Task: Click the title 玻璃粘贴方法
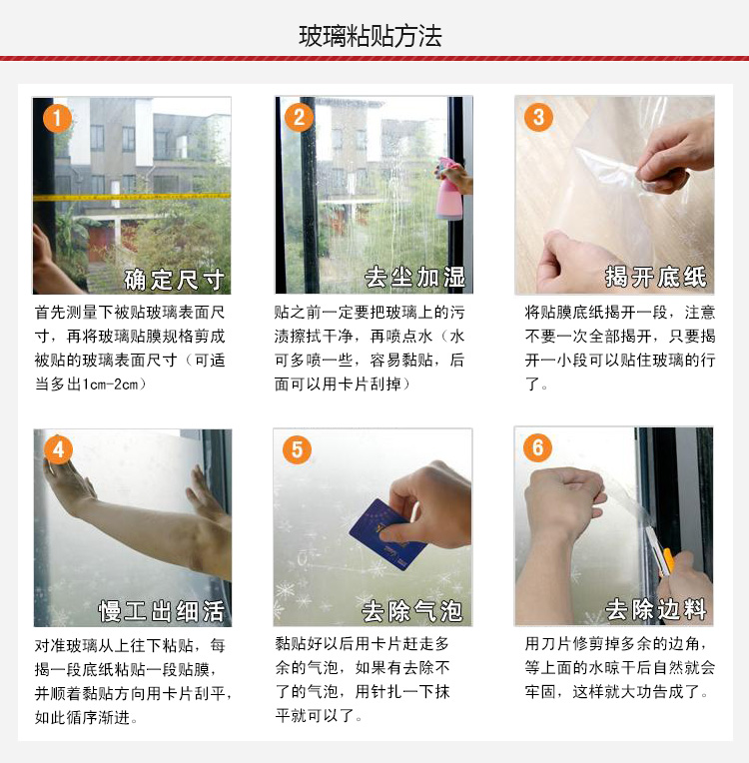click(x=370, y=36)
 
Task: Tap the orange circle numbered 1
click(x=58, y=118)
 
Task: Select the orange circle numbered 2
click(x=299, y=117)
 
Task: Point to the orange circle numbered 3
click(x=538, y=117)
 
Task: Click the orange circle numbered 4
click(x=58, y=449)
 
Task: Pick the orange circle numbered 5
click(x=297, y=449)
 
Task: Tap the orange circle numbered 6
click(x=537, y=447)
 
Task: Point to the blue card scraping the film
click(x=387, y=534)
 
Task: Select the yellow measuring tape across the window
click(x=132, y=197)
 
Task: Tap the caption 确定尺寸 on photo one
click(x=174, y=280)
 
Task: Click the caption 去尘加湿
click(x=414, y=278)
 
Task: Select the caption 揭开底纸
click(x=655, y=277)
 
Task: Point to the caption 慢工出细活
click(x=161, y=611)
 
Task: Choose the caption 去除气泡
click(x=411, y=611)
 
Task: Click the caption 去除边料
click(x=655, y=610)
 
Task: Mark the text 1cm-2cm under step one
click(x=110, y=384)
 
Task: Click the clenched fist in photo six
click(x=564, y=501)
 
